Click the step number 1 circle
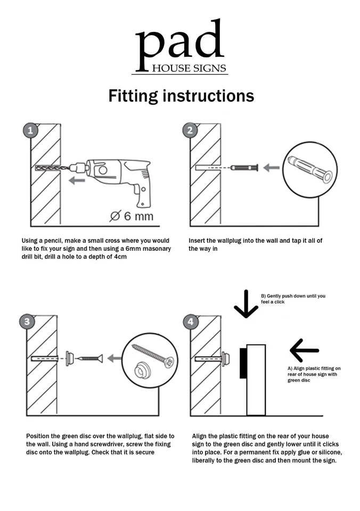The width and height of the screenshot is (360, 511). [x=30, y=130]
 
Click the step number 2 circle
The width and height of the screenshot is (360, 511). [x=190, y=130]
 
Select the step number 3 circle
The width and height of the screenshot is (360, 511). [x=27, y=322]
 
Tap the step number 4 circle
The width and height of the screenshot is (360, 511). [x=191, y=322]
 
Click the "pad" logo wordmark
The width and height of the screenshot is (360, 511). [x=179, y=45]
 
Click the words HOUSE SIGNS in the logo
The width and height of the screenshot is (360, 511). [x=189, y=68]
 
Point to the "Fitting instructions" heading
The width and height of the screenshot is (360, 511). [x=181, y=96]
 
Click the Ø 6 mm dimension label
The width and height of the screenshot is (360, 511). [x=132, y=216]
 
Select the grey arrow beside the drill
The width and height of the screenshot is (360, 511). [x=77, y=180]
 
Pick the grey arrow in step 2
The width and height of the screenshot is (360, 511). [x=271, y=168]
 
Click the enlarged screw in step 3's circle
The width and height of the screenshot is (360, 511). [x=153, y=355]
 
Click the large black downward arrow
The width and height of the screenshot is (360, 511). [x=246, y=304]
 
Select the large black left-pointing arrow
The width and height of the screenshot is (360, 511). [x=304, y=350]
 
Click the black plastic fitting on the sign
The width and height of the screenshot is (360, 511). [x=243, y=363]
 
